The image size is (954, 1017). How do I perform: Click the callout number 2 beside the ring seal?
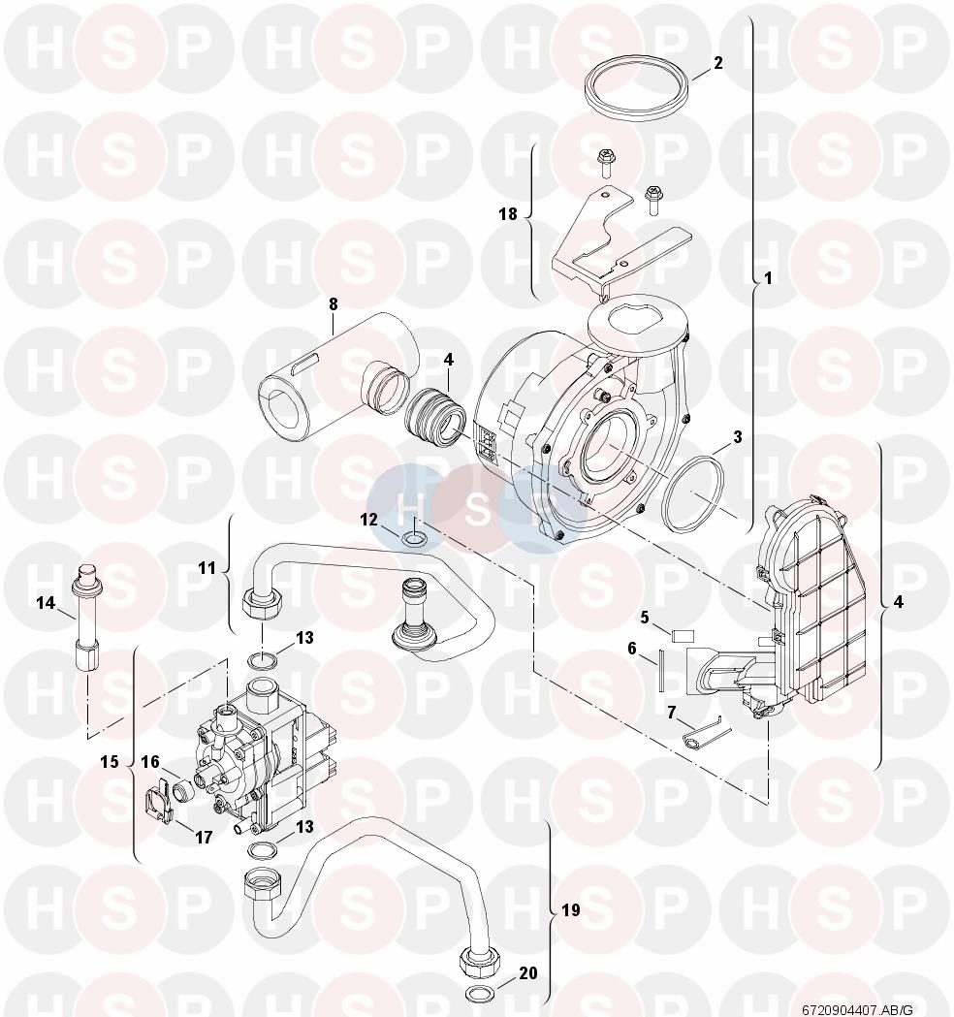coord(717,63)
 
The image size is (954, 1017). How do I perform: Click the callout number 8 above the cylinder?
coord(333,303)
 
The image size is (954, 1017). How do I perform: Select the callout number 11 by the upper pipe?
coord(207,568)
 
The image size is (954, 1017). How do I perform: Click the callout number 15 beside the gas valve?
coord(110,761)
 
